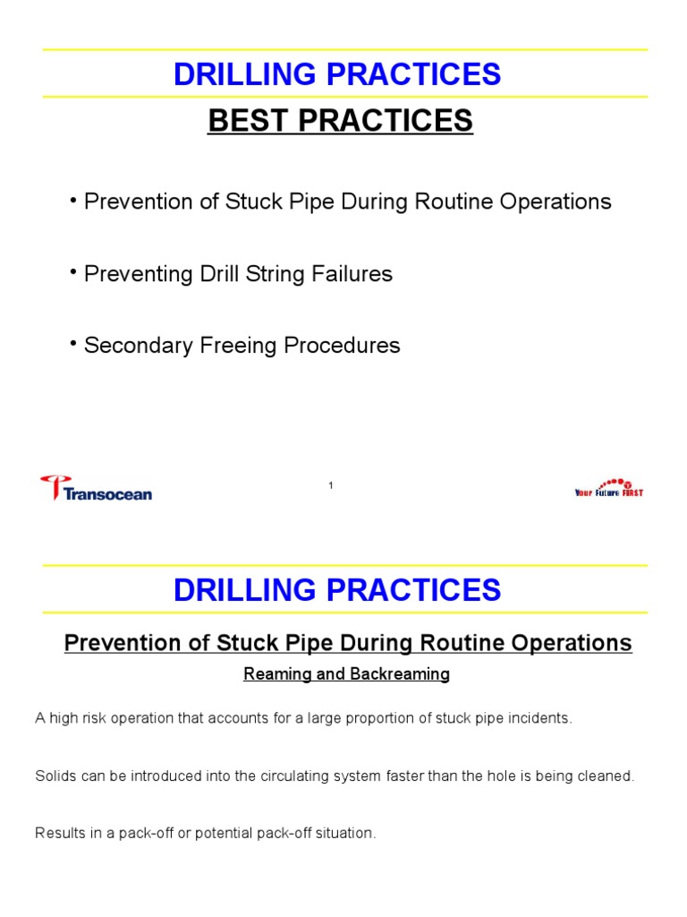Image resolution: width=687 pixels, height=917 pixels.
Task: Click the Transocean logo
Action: pos(96,489)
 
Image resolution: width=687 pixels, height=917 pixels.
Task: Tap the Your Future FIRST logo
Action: pos(608,488)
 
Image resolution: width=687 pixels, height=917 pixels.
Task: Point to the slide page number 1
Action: pos(331,485)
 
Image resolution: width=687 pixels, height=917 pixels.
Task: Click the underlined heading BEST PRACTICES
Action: pos(340,121)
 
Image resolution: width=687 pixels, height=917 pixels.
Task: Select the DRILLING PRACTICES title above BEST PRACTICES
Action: pos(337,75)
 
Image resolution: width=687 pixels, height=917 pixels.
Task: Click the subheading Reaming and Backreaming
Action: pos(346,674)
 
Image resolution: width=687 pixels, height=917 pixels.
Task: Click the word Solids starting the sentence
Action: pos(55,776)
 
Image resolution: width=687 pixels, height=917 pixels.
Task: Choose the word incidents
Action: pos(539,718)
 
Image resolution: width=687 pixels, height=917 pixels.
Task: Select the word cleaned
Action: pos(606,776)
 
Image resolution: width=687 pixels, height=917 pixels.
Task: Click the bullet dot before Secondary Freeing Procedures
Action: pos(73,342)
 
